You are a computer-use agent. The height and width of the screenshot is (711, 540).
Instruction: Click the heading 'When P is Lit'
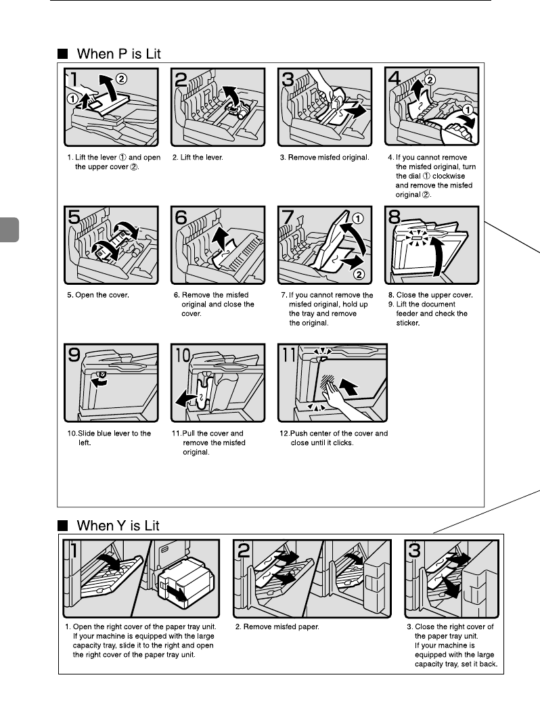click(118, 53)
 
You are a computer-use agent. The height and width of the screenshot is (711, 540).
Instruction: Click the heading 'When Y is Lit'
click(118, 525)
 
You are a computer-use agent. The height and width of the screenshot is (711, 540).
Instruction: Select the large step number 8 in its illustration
click(395, 218)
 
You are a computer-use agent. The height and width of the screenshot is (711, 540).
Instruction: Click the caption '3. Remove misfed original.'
click(328, 158)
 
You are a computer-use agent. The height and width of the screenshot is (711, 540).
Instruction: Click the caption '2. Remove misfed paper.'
click(277, 626)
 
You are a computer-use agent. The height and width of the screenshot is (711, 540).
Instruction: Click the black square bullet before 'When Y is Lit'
click(62, 526)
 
